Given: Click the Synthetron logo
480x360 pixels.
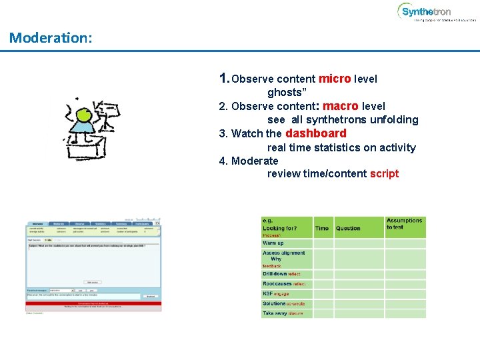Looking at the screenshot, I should [427, 12].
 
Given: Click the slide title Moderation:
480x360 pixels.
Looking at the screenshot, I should [51, 38].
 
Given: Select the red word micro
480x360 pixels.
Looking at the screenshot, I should [335, 79].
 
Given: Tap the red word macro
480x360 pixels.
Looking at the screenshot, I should [341, 106].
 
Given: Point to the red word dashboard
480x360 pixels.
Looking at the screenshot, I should [315, 133].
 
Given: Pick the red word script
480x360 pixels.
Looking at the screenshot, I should [384, 174].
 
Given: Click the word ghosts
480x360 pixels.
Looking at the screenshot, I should [285, 93].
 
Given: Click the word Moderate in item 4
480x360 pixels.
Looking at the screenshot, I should [255, 161].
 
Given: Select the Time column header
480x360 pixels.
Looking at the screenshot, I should [322, 229].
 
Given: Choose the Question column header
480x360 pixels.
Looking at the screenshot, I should [348, 229].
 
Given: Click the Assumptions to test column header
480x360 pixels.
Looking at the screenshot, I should [404, 224].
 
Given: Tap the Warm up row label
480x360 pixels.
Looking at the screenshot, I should [273, 243].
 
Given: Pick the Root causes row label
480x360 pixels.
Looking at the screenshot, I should [277, 284].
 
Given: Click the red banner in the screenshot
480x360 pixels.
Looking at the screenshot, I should [93, 305].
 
